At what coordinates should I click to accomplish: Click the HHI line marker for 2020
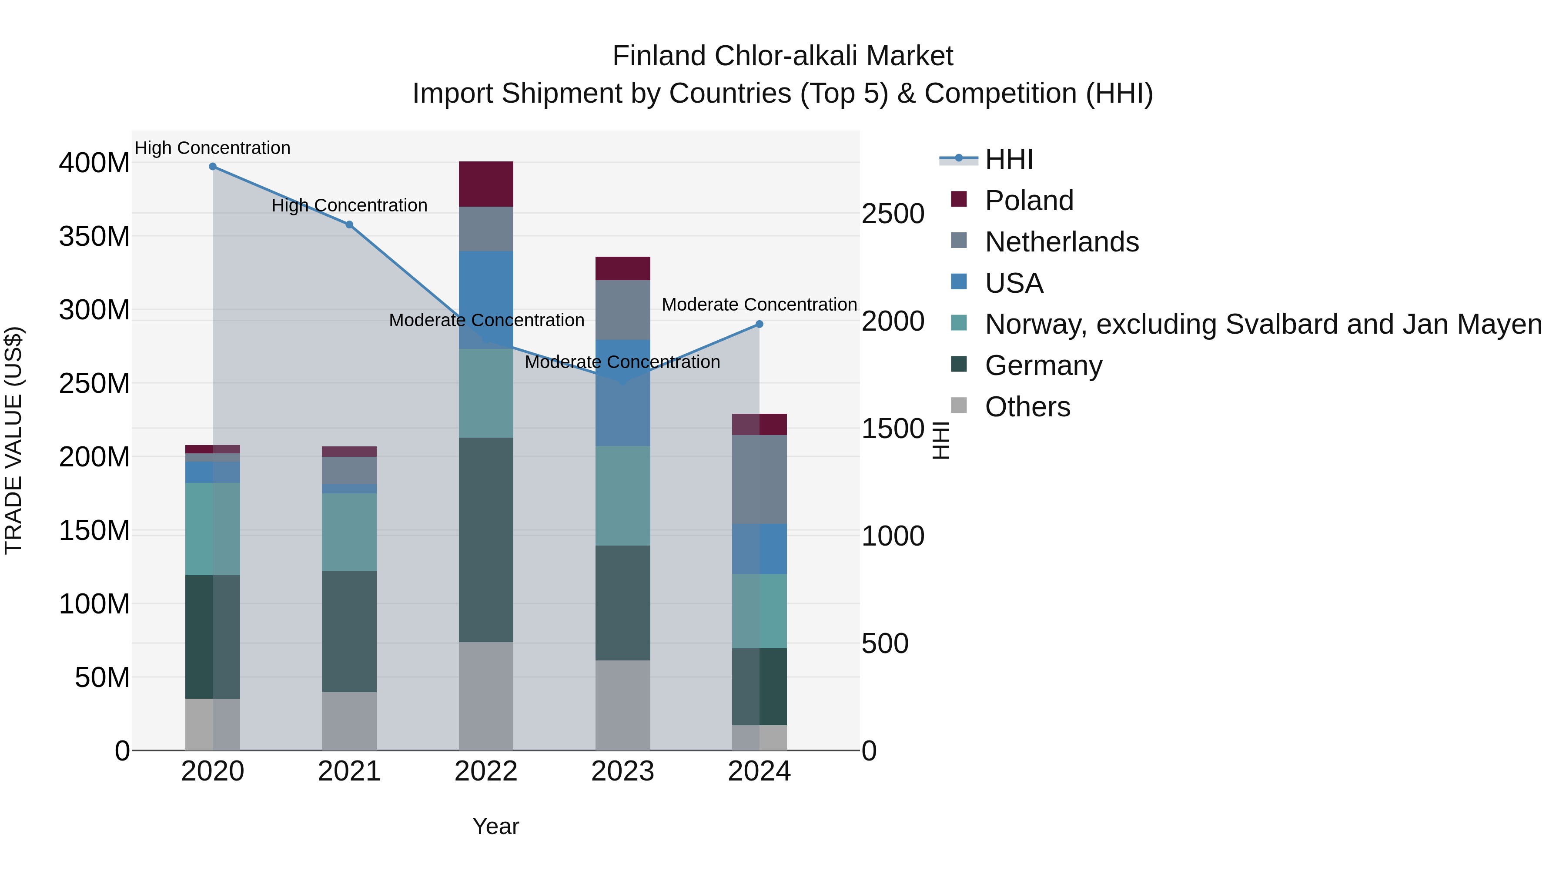pyautogui.click(x=213, y=167)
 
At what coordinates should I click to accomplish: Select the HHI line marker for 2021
pyautogui.click(x=350, y=225)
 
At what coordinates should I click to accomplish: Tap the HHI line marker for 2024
pyautogui.click(x=759, y=325)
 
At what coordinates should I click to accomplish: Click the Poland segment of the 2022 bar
pyautogui.click(x=486, y=184)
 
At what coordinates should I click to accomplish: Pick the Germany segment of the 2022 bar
pyautogui.click(x=486, y=540)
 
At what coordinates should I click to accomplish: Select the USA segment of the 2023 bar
pyautogui.click(x=622, y=393)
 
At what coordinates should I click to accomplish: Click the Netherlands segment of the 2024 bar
pyautogui.click(x=759, y=479)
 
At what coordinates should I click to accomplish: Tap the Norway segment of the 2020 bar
pyautogui.click(x=213, y=529)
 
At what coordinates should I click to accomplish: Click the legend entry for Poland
pyautogui.click(x=1029, y=201)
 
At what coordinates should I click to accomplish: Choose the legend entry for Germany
pyautogui.click(x=1043, y=365)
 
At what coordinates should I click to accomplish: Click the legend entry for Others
pyautogui.click(x=1027, y=407)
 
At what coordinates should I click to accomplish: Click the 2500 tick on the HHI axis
pyautogui.click(x=893, y=214)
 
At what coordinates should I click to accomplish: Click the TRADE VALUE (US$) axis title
pyautogui.click(x=13, y=440)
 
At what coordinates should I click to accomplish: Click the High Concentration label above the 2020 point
pyautogui.click(x=213, y=148)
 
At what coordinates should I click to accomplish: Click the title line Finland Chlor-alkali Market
pyautogui.click(x=783, y=56)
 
